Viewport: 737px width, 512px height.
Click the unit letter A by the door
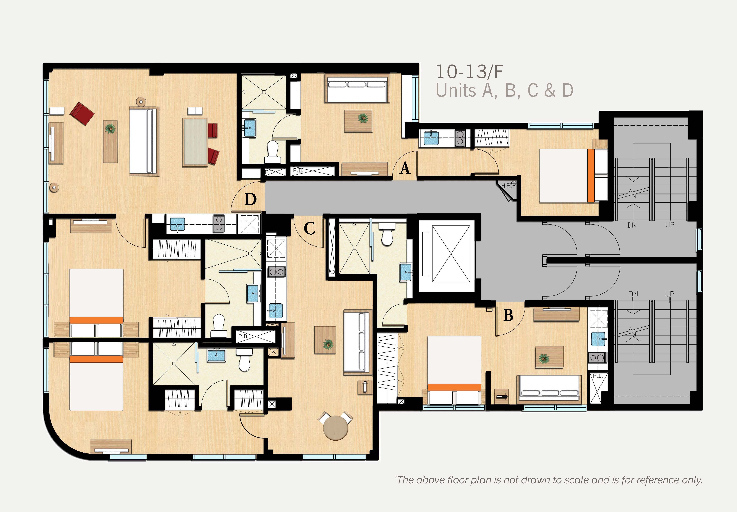tap(405, 168)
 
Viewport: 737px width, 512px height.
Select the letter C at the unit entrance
tap(309, 229)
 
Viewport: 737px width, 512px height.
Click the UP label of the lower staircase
tap(670, 294)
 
